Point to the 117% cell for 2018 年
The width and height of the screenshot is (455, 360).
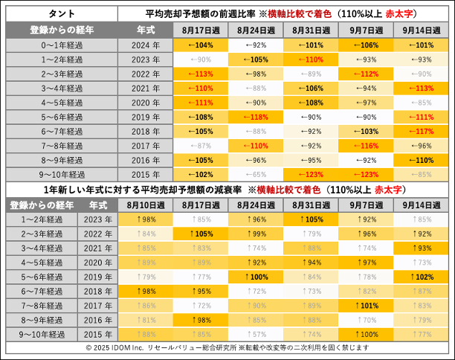422,131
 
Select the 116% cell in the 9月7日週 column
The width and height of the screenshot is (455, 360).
367,145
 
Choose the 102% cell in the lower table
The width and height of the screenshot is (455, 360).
422,276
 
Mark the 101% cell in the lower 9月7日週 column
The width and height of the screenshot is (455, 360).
367,305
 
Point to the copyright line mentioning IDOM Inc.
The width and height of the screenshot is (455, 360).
227,348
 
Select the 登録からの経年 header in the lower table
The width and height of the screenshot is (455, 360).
36,204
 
